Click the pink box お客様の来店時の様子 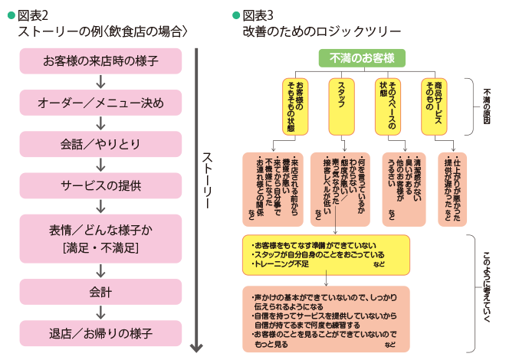point(100,61)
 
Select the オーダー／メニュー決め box point(100,102)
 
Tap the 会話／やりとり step point(100,143)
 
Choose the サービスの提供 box point(100,185)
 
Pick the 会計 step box point(100,292)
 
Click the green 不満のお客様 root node point(362,57)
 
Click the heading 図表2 point(34,15)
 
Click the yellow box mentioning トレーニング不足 point(327,254)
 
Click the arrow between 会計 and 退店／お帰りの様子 point(100,313)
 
